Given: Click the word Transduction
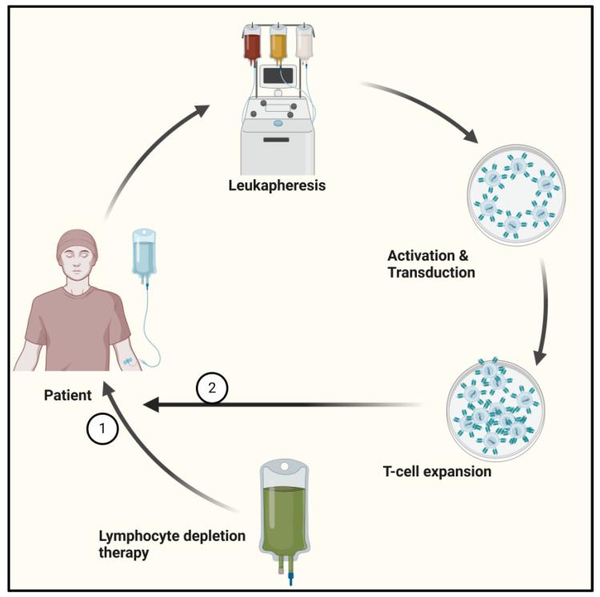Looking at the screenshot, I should coord(431,273).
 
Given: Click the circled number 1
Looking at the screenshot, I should coord(102,430).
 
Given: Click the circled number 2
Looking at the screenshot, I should coord(212,389).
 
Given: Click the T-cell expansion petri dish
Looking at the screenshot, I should coord(495,407).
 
